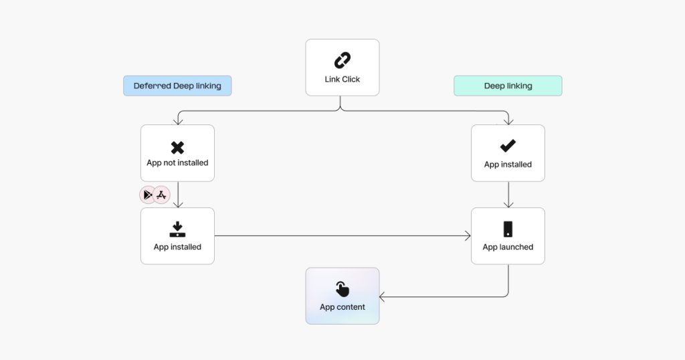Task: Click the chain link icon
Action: coord(342,61)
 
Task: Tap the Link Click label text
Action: coord(342,79)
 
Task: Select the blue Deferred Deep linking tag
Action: coord(177,86)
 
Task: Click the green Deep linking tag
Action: coord(508,86)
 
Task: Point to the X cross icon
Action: coord(177,147)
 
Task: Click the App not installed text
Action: coord(177,163)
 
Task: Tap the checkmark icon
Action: coord(508,146)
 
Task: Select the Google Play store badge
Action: coord(148,195)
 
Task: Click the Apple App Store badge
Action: coord(162,195)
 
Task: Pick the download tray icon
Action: coord(177,230)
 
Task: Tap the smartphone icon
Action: coord(508,229)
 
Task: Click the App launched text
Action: coord(508,247)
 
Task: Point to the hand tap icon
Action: coord(342,289)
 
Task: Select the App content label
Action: coord(342,307)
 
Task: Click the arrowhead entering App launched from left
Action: coord(468,236)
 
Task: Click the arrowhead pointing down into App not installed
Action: coord(177,122)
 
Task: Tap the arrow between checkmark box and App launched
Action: coord(508,195)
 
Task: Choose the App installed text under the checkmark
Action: coord(508,165)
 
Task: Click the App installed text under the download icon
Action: coord(177,247)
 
